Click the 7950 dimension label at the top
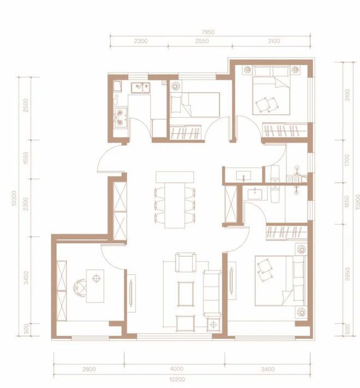(208, 32)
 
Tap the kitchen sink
(141, 86)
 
